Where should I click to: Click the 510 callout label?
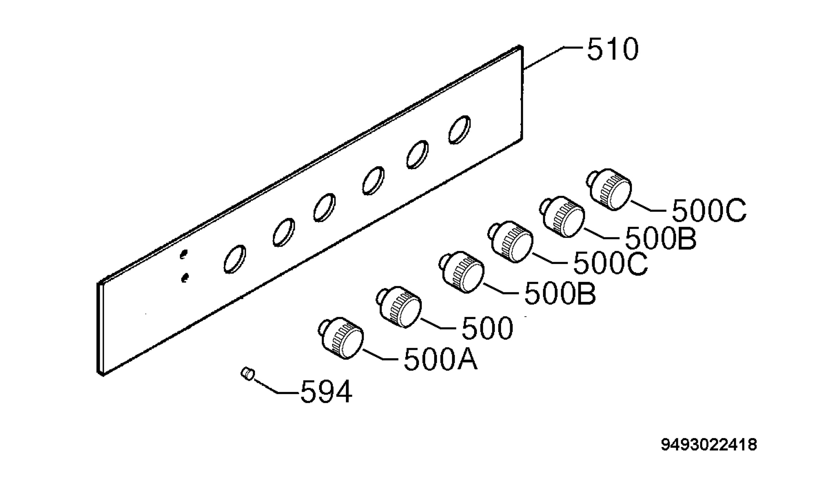(x=612, y=49)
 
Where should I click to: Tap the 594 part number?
(x=326, y=392)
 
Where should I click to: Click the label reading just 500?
(x=487, y=328)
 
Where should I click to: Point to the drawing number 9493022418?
(x=709, y=445)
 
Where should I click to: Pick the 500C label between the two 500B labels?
(x=610, y=263)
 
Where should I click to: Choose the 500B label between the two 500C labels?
(x=660, y=238)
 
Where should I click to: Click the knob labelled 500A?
(x=341, y=338)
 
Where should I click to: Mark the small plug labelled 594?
(x=247, y=374)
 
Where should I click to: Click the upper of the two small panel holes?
(x=183, y=254)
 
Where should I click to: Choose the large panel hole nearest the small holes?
(x=234, y=259)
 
